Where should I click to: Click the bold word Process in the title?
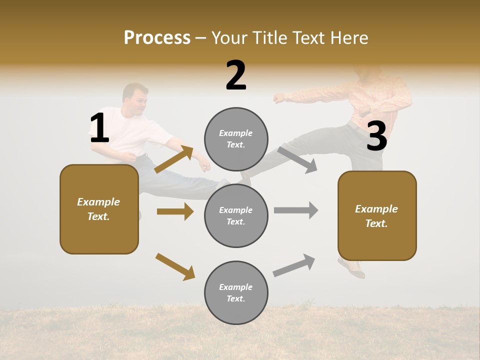click(157, 37)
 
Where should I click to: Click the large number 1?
click(99, 128)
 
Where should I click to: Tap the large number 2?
click(236, 75)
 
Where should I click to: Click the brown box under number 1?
click(99, 209)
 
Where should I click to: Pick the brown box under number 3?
click(377, 215)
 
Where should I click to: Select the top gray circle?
click(236, 139)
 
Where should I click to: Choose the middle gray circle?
click(236, 215)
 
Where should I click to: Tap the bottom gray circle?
click(236, 292)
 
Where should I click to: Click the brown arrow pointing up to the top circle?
click(174, 159)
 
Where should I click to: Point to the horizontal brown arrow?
click(175, 211)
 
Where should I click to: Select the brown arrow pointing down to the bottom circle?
click(175, 266)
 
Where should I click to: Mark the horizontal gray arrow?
click(296, 210)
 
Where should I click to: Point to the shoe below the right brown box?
click(352, 268)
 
